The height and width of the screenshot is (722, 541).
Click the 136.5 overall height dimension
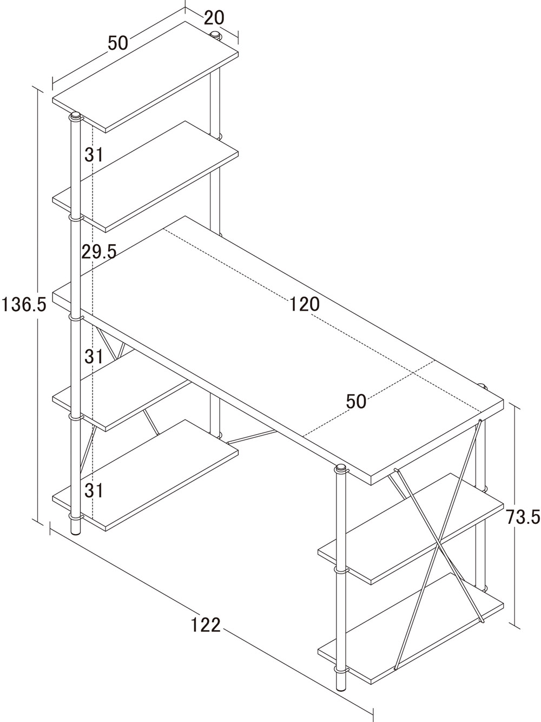(x=23, y=304)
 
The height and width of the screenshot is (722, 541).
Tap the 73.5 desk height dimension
(x=523, y=517)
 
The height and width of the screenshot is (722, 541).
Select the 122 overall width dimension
(x=206, y=624)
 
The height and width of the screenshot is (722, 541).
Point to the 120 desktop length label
(x=305, y=304)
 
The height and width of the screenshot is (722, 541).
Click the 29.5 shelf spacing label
(x=99, y=252)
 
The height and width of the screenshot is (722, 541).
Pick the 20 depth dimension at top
(x=214, y=17)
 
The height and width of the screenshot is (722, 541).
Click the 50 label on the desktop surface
(x=356, y=401)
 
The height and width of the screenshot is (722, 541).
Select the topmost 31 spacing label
(x=94, y=154)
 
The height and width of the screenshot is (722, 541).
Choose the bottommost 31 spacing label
(x=94, y=490)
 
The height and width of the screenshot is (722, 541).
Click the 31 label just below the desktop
(x=94, y=356)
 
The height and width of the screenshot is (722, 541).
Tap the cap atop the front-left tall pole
(x=76, y=116)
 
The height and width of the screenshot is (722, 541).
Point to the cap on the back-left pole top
(x=215, y=34)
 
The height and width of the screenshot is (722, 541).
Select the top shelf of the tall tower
(x=146, y=77)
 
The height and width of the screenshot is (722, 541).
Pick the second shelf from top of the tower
(x=146, y=177)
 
